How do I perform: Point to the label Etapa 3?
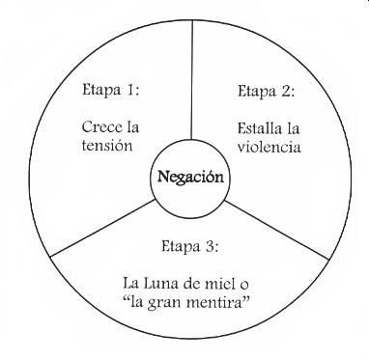point(185,246)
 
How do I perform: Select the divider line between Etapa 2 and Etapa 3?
point(280,228)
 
